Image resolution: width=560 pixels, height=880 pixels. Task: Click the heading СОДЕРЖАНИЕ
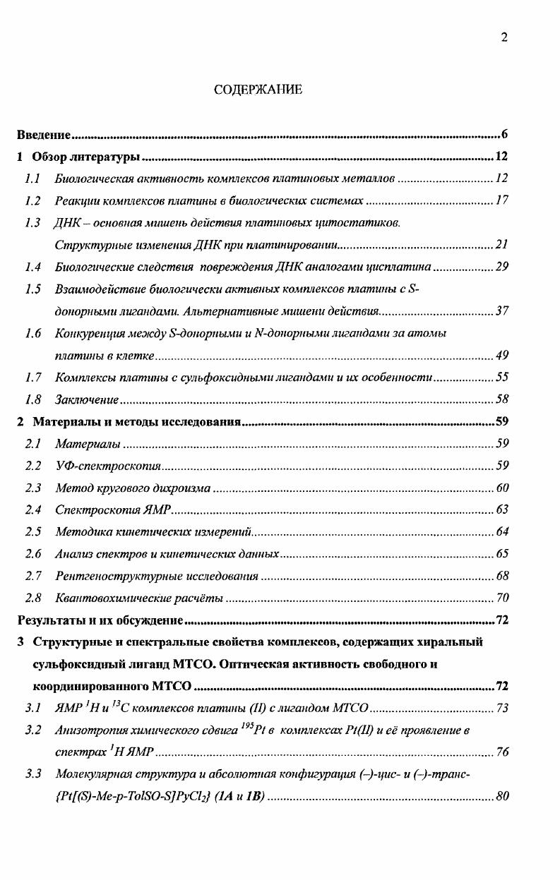tap(258, 90)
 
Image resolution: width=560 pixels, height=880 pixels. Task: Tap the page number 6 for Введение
tap(506, 134)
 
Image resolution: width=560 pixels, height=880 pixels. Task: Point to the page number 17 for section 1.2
tap(501, 200)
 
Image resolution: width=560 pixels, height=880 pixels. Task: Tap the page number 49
tap(501, 355)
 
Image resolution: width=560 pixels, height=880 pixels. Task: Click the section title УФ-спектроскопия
tap(109, 465)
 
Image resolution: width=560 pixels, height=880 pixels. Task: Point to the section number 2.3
tap(32, 488)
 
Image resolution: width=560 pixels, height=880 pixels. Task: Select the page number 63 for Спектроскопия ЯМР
tap(501, 510)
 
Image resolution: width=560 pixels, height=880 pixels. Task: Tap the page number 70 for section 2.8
tap(501, 598)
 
